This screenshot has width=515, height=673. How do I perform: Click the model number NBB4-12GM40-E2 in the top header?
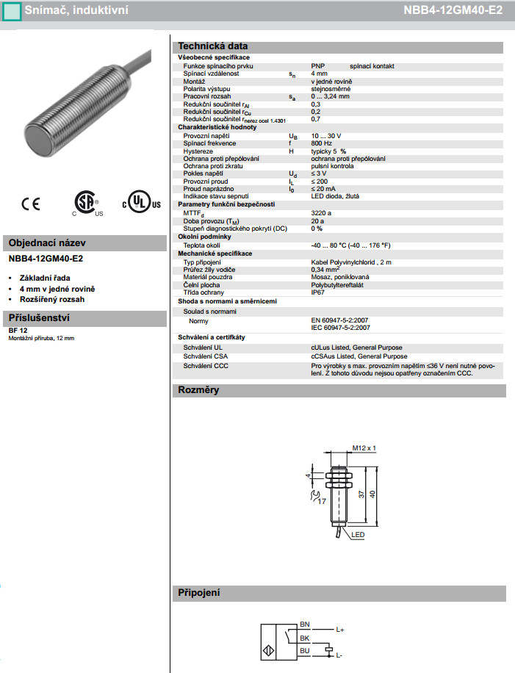453,11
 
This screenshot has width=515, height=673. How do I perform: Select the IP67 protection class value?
319,292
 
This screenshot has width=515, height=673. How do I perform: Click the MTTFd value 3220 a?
322,212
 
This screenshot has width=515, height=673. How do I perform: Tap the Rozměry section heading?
198,389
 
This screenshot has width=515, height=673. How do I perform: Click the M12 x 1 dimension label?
364,447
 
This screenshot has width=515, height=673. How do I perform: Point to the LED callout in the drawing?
359,534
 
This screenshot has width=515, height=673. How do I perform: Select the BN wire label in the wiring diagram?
305,625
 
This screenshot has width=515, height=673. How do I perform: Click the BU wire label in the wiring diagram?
305,650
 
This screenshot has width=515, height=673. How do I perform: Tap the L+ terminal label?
340,630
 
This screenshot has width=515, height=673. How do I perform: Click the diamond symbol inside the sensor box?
268,650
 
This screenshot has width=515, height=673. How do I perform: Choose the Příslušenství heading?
38,318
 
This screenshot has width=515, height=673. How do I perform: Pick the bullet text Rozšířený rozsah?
52,300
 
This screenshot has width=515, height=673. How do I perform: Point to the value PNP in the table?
318,66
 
